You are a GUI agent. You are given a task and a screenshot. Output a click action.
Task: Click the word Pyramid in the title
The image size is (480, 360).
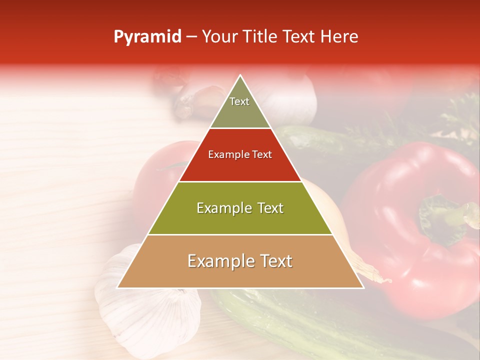point(147,37)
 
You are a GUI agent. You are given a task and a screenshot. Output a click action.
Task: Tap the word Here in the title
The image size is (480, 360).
point(340,37)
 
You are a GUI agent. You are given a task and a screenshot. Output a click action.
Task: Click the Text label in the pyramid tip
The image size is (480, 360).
point(239,101)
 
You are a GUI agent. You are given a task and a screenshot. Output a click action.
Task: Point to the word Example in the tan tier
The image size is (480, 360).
point(219,261)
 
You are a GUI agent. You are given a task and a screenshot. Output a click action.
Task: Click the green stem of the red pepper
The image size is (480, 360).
point(445,215)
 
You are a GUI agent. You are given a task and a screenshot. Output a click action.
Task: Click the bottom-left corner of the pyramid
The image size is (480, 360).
point(117,288)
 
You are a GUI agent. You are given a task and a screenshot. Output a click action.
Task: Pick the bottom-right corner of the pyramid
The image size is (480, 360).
point(363,288)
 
